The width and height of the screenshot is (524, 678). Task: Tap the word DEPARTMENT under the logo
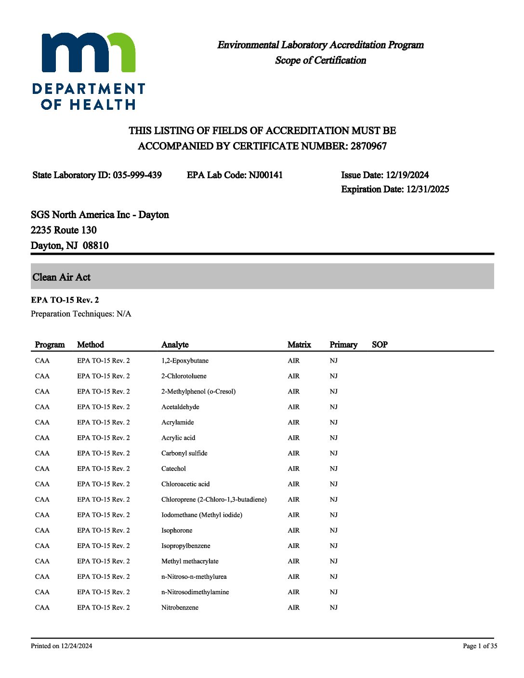click(89, 89)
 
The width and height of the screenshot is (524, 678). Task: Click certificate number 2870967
click(368, 146)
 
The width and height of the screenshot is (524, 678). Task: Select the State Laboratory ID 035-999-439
click(137, 175)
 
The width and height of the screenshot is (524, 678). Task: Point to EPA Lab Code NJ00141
click(265, 175)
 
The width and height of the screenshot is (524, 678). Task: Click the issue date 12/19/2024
click(407, 175)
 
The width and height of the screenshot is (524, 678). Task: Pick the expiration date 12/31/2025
click(427, 189)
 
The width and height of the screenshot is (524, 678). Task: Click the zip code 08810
click(95, 246)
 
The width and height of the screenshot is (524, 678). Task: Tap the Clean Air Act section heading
click(62, 277)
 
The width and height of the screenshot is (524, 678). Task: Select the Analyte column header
click(175, 345)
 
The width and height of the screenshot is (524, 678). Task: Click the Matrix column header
click(299, 345)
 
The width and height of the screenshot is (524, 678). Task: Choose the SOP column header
click(380, 345)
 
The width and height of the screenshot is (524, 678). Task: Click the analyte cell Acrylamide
click(178, 422)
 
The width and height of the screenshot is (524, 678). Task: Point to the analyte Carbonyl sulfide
click(184, 453)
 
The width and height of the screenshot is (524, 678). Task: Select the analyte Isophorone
click(177, 530)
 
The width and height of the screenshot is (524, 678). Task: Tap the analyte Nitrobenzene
click(180, 607)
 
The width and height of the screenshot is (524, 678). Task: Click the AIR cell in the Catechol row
click(293, 469)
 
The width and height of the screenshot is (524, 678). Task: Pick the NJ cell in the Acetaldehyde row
click(334, 407)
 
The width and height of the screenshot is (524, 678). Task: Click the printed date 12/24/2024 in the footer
click(77, 646)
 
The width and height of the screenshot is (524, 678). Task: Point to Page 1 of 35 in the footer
click(480, 646)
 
